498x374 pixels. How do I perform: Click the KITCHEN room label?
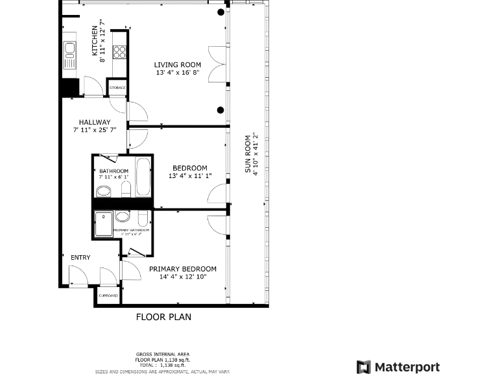pyautogui.click(x=95, y=41)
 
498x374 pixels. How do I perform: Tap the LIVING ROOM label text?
pyautogui.click(x=177, y=65)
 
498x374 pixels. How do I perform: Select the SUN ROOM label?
pyautogui.click(x=248, y=154)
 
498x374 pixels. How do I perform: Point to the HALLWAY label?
pyautogui.click(x=95, y=122)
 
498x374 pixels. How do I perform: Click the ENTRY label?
pyautogui.click(x=80, y=258)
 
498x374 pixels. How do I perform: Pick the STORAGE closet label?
pyautogui.click(x=117, y=88)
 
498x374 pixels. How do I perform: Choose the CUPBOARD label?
pyautogui.click(x=108, y=296)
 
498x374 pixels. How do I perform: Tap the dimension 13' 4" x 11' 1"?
pyautogui.click(x=190, y=176)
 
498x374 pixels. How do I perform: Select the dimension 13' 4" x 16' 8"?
pyautogui.click(x=177, y=73)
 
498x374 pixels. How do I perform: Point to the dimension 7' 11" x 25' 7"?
pyautogui.click(x=95, y=130)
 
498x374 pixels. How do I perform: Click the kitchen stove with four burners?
pyautogui.click(x=119, y=51)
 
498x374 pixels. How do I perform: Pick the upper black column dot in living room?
pyautogui.click(x=221, y=12)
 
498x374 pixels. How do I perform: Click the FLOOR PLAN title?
pyautogui.click(x=163, y=318)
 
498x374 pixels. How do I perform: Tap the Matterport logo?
pyautogui.click(x=398, y=367)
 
